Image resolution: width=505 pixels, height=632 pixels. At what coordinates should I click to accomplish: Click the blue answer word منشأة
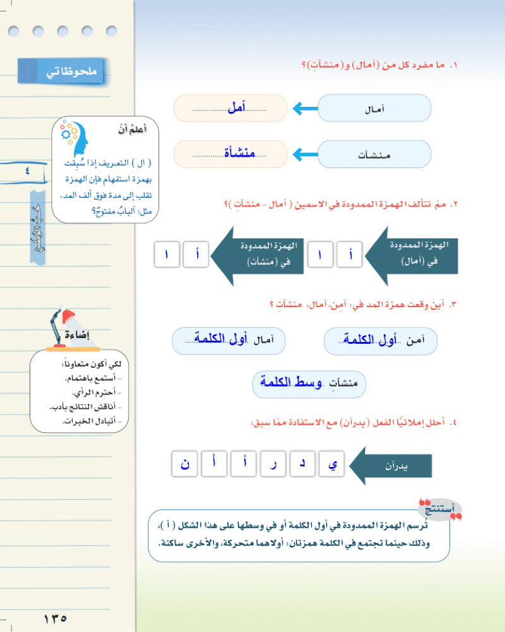239,153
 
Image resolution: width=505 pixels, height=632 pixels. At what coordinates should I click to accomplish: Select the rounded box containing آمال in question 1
374,109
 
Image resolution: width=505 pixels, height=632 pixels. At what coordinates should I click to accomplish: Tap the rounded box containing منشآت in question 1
374,154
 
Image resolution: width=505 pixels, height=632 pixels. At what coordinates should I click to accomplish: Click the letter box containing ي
333,464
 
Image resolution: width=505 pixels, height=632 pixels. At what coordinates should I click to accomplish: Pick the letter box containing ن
185,464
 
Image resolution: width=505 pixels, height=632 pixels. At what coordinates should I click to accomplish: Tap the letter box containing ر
273,464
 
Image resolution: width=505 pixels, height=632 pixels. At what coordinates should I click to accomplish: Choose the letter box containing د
303,464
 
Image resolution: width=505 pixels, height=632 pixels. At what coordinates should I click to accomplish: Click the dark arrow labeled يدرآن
391,465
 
